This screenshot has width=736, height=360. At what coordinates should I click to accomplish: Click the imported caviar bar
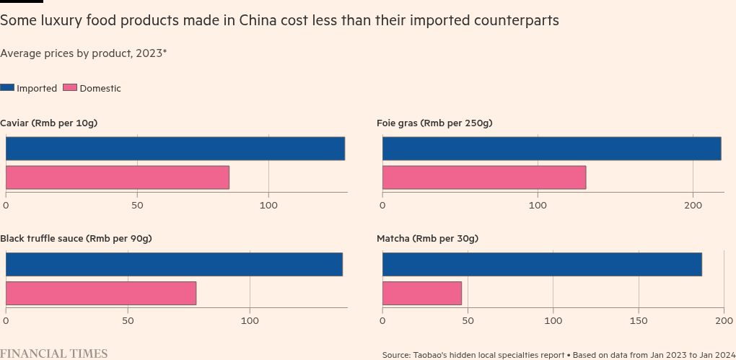pyautogui.click(x=175, y=149)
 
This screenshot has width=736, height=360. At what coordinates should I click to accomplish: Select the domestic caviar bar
pyautogui.click(x=118, y=177)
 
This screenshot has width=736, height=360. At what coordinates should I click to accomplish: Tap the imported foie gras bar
pyautogui.click(x=551, y=149)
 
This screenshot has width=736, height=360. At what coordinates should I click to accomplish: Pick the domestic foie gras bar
pyautogui.click(x=484, y=177)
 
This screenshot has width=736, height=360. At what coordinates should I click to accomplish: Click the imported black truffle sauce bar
pyautogui.click(x=174, y=264)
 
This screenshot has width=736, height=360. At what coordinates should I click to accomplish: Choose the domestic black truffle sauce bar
pyautogui.click(x=101, y=293)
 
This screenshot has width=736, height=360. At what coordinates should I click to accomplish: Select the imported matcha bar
pyautogui.click(x=542, y=264)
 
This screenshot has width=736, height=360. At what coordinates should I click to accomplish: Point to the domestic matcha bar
pyautogui.click(x=422, y=293)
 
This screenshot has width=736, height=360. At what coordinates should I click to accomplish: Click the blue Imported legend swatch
pyautogui.click(x=7, y=87)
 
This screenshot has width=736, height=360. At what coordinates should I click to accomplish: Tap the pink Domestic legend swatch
pyautogui.click(x=70, y=87)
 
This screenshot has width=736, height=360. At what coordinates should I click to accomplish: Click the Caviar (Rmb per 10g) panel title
pyautogui.click(x=49, y=123)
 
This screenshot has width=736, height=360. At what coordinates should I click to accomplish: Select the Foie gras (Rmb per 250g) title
pyautogui.click(x=434, y=123)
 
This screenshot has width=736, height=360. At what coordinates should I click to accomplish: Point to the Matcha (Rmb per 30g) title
pyautogui.click(x=427, y=239)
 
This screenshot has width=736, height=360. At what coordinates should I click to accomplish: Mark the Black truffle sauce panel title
pyautogui.click(x=76, y=239)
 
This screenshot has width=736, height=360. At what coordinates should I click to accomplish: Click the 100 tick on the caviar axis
pyautogui.click(x=268, y=206)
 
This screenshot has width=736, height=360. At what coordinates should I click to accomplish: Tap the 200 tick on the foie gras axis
pyautogui.click(x=693, y=206)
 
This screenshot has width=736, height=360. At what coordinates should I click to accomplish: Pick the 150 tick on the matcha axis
pyautogui.click(x=639, y=320)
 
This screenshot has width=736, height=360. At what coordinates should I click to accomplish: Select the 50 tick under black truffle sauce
pyautogui.click(x=128, y=320)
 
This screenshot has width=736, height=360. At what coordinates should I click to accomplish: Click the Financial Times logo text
pyautogui.click(x=54, y=354)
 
